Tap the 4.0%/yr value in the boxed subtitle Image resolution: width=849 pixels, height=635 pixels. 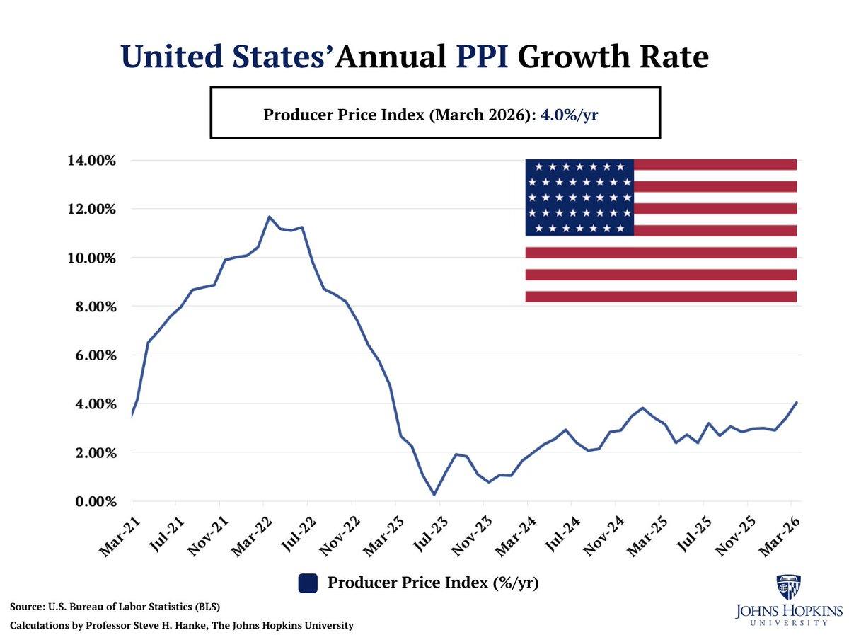[x=570, y=113]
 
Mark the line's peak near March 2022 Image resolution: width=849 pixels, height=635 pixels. [x=269, y=217]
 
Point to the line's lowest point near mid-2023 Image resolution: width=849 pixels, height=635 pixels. [x=434, y=495]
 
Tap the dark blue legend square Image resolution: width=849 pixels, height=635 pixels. [x=307, y=583]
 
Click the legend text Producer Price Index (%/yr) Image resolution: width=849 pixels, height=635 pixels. [x=433, y=583]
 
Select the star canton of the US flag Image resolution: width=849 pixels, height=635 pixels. [x=579, y=198]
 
